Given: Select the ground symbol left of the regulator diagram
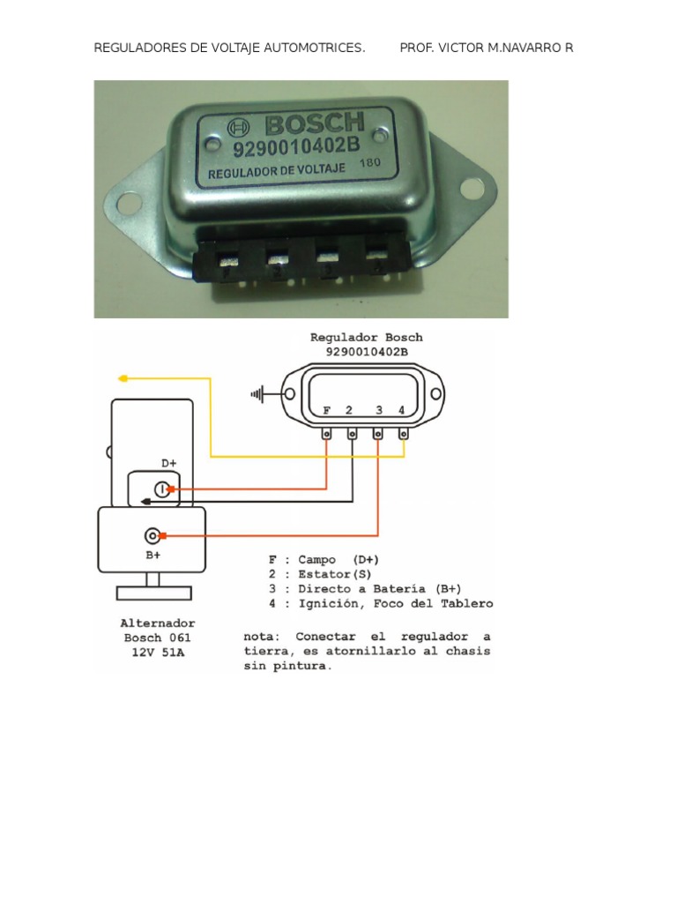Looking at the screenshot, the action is pyautogui.click(x=258, y=394).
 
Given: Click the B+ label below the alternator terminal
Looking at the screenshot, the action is pyautogui.click(x=153, y=556).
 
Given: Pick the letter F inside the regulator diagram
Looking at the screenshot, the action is pyautogui.click(x=327, y=410).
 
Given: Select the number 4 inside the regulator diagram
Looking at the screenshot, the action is pyautogui.click(x=401, y=410).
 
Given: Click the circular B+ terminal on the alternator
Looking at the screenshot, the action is pyautogui.click(x=153, y=535).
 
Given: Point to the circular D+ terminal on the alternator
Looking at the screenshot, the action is pyautogui.click(x=162, y=489).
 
